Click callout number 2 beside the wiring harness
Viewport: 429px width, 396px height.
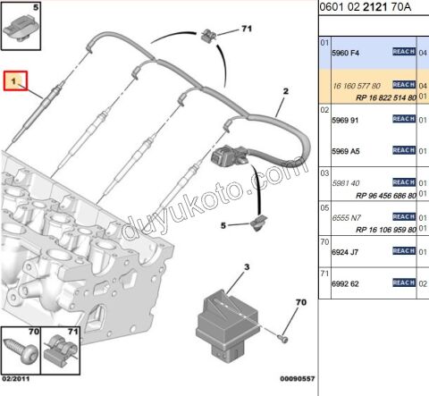pos(287,91)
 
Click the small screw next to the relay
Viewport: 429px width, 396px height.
pos(282,336)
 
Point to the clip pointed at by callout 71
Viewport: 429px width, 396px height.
pos(207,36)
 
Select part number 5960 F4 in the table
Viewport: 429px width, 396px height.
pos(345,53)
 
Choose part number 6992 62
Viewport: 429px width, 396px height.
pos(345,284)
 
